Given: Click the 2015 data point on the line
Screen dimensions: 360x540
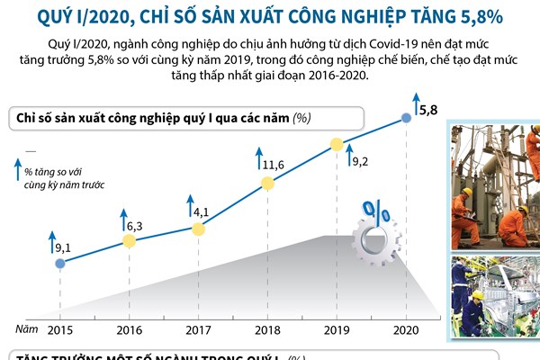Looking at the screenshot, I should (x=60, y=264).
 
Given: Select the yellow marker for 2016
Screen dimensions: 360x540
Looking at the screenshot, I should (x=130, y=241).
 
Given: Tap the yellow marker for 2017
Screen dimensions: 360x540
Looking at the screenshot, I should (x=199, y=229).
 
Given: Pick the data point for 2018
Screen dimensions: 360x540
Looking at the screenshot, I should (x=267, y=184).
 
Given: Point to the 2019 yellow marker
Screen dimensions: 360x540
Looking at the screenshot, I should (x=337, y=143).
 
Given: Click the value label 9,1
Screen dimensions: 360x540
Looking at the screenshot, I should (x=63, y=246).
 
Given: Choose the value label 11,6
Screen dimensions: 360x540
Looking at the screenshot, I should (x=274, y=166).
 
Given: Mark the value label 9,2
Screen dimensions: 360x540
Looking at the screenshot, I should (x=361, y=161).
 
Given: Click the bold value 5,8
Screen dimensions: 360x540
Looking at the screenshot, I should (x=429, y=110).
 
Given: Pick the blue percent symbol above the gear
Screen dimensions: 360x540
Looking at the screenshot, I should (x=375, y=212).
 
